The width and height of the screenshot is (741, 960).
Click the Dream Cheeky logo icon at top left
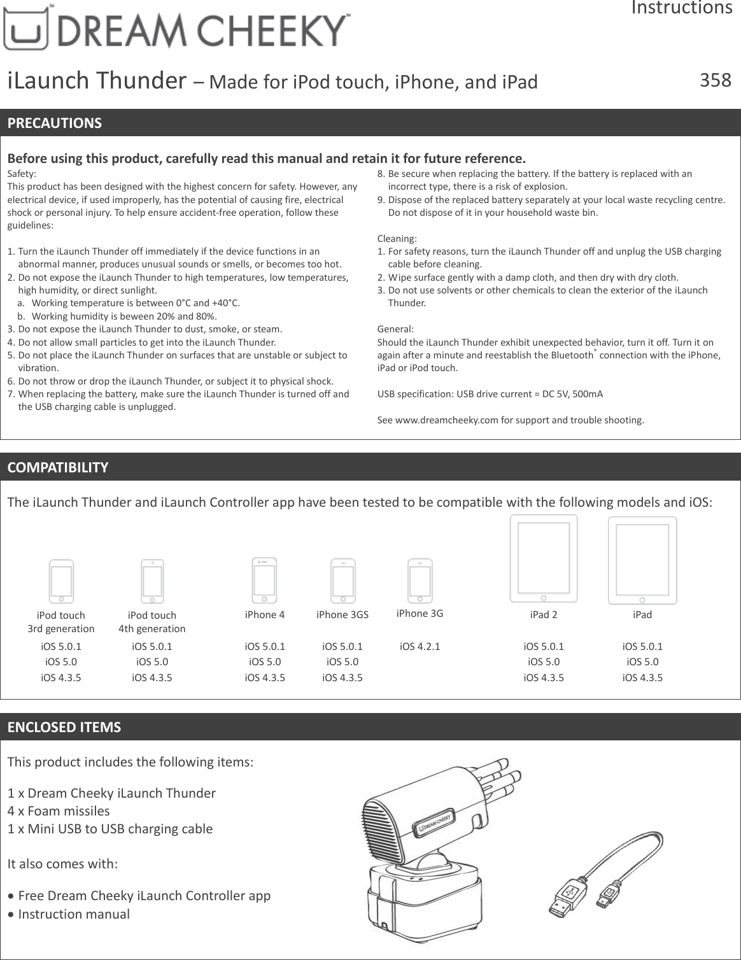25,31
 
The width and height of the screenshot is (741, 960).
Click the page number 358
716,80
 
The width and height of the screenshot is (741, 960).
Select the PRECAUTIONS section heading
55,123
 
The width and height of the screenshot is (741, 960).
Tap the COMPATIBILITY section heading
58,467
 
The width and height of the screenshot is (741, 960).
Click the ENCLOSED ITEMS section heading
64,727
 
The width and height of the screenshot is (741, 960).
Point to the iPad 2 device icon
544,558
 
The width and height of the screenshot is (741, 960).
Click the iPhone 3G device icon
420,580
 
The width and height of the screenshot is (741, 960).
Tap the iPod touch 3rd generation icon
62,581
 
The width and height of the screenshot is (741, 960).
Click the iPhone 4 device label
265,614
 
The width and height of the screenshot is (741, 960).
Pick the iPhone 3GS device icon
343,580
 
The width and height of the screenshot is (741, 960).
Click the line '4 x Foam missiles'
59,811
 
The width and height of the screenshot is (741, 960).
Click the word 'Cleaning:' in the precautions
398,239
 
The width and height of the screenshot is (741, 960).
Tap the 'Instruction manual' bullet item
74,914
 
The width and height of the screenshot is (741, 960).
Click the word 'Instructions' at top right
681,8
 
